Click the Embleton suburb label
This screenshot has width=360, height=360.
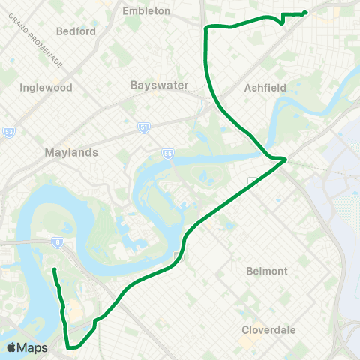tap(150, 11)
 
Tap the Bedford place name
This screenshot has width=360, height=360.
tap(76, 31)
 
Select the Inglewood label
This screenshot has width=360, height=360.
tap(46, 87)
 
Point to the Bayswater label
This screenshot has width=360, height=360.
tap(155, 85)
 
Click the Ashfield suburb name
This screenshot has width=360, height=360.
tap(265, 88)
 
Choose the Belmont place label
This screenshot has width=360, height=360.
tap(266, 271)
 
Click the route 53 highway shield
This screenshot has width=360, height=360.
tap(8, 131)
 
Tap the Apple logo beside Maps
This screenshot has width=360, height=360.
tap(10, 347)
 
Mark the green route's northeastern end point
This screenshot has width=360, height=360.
tap(307, 11)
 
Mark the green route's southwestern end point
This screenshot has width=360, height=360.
tap(54, 268)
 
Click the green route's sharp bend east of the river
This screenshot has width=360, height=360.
tap(285, 159)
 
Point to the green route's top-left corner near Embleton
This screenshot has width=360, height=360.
tap(206, 28)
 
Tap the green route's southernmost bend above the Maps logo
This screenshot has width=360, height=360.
tap(69, 347)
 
